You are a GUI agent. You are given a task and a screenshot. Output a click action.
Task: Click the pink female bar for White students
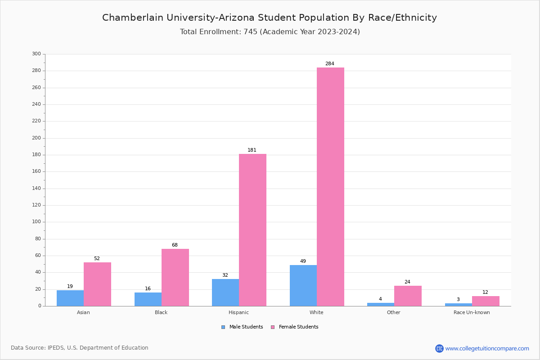pyautogui.click(x=330, y=187)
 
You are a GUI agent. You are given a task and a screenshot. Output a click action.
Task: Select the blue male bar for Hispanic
pyautogui.click(x=225, y=292)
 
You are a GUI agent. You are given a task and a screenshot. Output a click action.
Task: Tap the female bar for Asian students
pyautogui.click(x=97, y=284)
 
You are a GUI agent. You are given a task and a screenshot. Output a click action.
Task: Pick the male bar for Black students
pyautogui.click(x=148, y=299)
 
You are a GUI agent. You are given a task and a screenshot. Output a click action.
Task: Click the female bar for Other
pyautogui.click(x=408, y=296)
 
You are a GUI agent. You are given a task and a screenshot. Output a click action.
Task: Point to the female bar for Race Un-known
pyautogui.click(x=486, y=301)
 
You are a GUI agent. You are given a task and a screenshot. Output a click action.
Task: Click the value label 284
pyautogui.click(x=330, y=64)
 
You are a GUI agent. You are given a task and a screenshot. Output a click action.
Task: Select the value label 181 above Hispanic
pyautogui.click(x=252, y=150)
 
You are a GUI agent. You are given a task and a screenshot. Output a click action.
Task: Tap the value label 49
pyautogui.click(x=303, y=261)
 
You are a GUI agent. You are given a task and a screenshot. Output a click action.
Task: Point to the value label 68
pyautogui.click(x=175, y=245)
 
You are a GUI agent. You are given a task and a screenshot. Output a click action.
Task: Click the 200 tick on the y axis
pyautogui.click(x=36, y=138)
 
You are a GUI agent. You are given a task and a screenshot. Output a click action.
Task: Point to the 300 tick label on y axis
pyautogui.click(x=36, y=54)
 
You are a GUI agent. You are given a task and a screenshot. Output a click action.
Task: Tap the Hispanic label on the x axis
pyautogui.click(x=238, y=312)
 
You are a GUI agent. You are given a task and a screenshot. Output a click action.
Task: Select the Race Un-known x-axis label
pyautogui.click(x=472, y=312)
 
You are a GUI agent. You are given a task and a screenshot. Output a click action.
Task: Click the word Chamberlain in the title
pyautogui.click(x=130, y=18)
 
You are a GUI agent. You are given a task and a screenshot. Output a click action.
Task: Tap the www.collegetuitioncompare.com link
pyautogui.click(x=487, y=348)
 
